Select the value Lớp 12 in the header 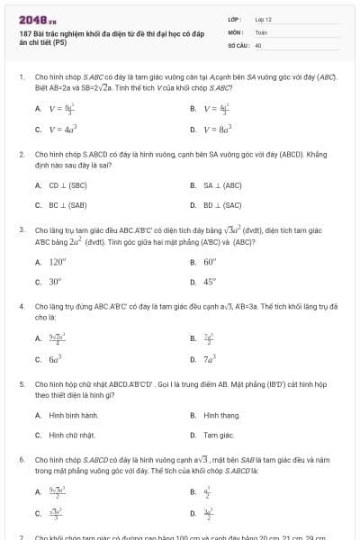click(264, 18)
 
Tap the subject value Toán click(261, 31)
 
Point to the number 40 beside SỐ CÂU click(258, 43)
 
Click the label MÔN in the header click(233, 31)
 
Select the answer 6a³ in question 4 click(56, 358)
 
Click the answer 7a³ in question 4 click(211, 358)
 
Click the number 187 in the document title click(24, 32)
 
